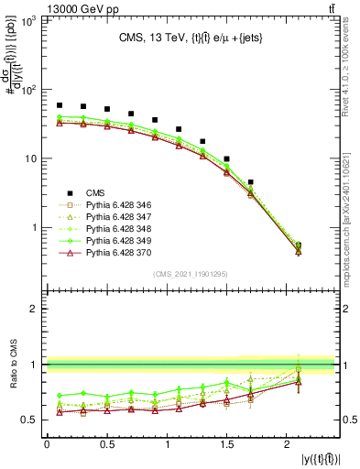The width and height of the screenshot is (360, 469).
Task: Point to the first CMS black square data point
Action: (x=60, y=105)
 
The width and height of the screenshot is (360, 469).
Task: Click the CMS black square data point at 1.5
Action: (x=227, y=158)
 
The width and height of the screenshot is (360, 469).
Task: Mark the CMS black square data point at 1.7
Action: (x=251, y=182)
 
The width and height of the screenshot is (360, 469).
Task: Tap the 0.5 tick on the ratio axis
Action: (x=30, y=420)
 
